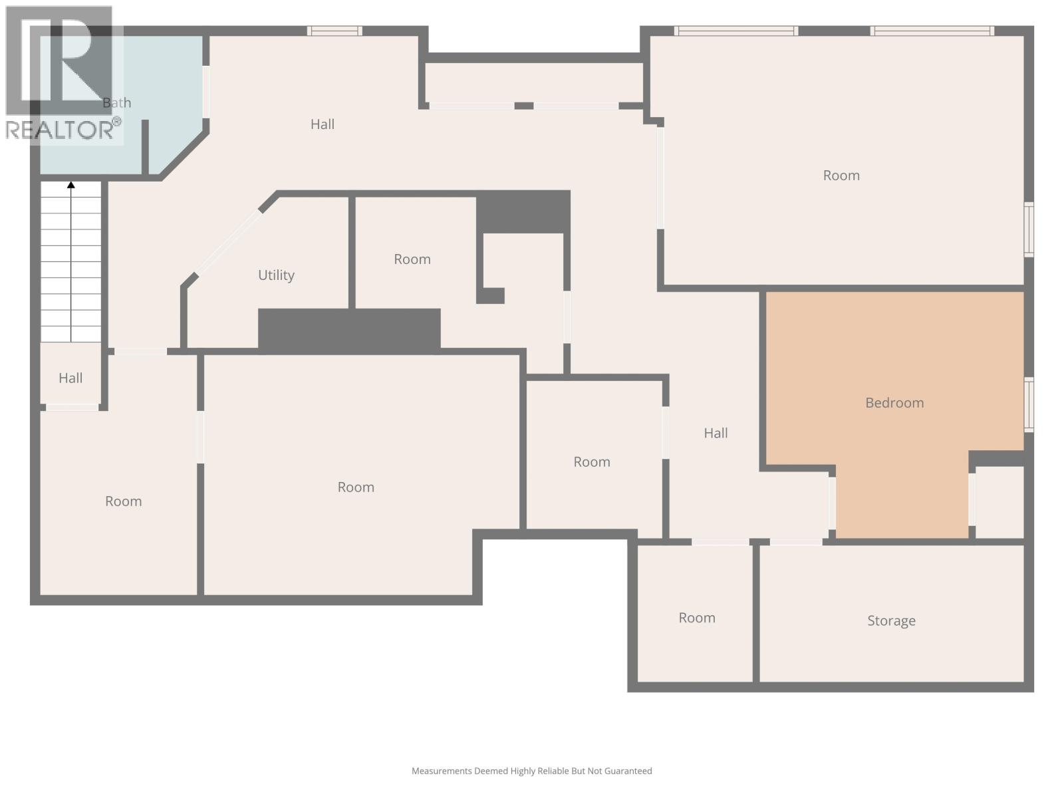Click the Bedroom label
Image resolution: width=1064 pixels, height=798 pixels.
click(894, 402)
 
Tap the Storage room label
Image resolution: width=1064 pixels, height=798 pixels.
click(891, 620)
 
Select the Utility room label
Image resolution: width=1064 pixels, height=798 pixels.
click(276, 275)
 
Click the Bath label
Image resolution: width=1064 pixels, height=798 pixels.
click(117, 102)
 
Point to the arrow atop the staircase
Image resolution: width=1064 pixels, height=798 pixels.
click(71, 185)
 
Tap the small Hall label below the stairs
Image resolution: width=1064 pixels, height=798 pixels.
click(70, 378)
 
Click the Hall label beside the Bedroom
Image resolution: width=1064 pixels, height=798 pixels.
click(716, 433)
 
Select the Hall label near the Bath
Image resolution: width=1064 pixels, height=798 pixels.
click(323, 124)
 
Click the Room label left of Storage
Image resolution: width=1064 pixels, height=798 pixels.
click(697, 618)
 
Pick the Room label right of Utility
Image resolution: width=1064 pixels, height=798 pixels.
click(412, 259)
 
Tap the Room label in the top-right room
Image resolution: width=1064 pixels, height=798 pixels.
click(841, 176)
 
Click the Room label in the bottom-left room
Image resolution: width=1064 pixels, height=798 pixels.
click(124, 501)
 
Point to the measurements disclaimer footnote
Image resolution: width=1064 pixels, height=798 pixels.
click(531, 771)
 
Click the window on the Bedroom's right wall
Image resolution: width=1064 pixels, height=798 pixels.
click(1028, 404)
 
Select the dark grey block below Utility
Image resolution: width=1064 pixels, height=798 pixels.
click(349, 329)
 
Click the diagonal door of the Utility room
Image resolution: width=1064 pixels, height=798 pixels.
click(228, 242)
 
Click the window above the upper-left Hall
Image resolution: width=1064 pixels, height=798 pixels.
click(334, 31)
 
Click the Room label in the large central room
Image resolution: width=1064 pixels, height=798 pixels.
click(356, 487)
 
